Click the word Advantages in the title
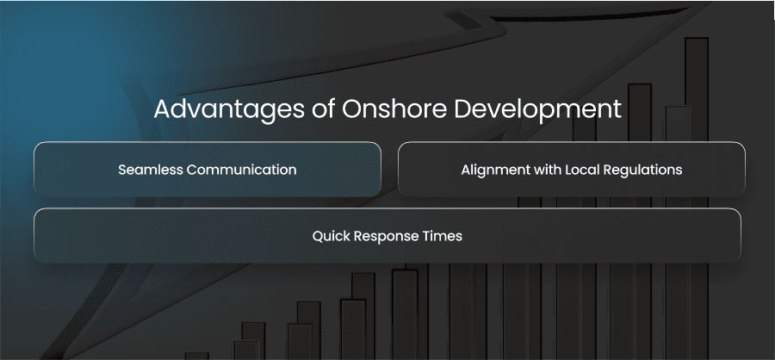(229, 110)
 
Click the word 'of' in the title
(323, 109)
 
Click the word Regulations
(641, 171)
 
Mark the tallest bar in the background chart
(697, 198)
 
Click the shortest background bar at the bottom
(196, 356)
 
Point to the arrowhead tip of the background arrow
(708, 4)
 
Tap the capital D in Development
(463, 109)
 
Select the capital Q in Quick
(319, 237)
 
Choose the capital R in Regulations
(604, 171)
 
